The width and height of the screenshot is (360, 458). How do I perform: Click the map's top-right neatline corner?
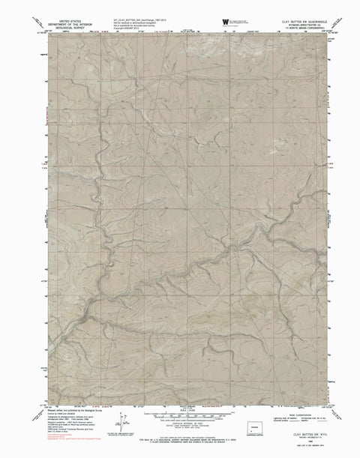(x=327, y=34)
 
